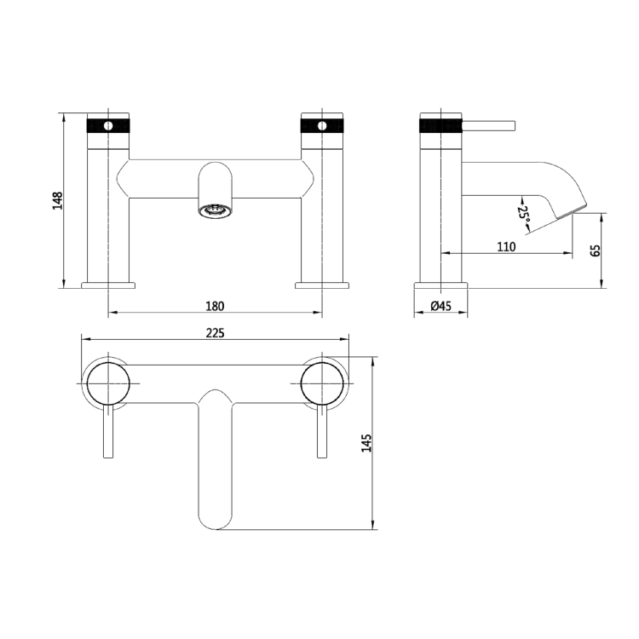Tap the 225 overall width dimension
click(x=215, y=333)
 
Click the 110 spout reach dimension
click(x=506, y=247)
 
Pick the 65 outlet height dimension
click(x=596, y=250)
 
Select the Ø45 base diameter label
click(x=440, y=307)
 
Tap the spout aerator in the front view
click(x=215, y=210)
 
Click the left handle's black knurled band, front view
click(x=108, y=125)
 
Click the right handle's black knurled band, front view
click(x=322, y=125)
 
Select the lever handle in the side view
click(x=490, y=126)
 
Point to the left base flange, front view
click(x=108, y=284)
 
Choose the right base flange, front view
click(x=322, y=284)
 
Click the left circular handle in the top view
click(x=108, y=380)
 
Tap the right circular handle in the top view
click(x=322, y=380)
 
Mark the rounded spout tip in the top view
click(x=215, y=515)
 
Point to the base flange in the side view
click(x=440, y=284)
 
